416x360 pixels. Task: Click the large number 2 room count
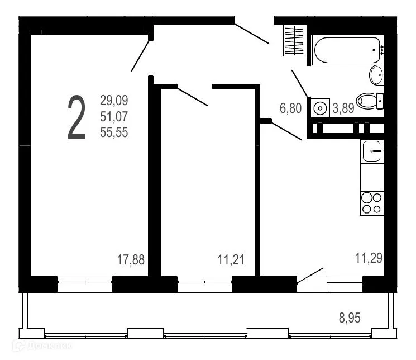(x=76, y=118)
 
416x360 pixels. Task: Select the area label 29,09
(x=114, y=101)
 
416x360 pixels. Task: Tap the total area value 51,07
(x=114, y=117)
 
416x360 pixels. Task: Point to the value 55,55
(x=114, y=132)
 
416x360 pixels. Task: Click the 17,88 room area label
(x=131, y=259)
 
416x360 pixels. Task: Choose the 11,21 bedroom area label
(x=231, y=259)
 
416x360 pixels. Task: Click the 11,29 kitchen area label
(x=369, y=258)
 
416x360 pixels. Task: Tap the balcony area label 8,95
(x=350, y=318)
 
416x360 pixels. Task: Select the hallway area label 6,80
(x=290, y=108)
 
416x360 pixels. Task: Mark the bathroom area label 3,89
(x=343, y=109)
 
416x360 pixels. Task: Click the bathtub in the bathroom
(x=347, y=50)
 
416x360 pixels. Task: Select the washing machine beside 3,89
(x=320, y=108)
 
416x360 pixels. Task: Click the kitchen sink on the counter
(x=372, y=150)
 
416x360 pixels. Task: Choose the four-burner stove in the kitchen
(x=372, y=202)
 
